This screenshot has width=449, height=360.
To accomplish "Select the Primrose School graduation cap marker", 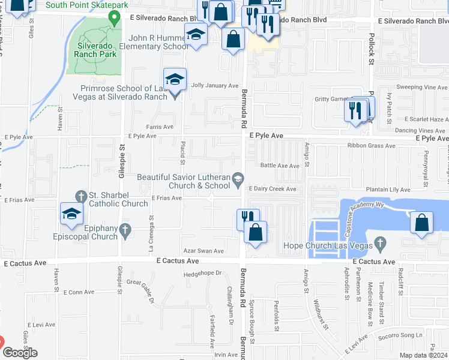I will click(x=175, y=79).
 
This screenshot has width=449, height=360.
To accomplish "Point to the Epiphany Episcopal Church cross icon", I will click(x=125, y=229).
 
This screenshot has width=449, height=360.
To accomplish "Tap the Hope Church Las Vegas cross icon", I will click(x=378, y=244).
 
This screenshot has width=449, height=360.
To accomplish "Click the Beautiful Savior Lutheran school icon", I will click(x=238, y=178).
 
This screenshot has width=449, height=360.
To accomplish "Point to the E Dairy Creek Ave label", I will click(x=273, y=189).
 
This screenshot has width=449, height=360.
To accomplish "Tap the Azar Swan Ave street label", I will click(x=203, y=251).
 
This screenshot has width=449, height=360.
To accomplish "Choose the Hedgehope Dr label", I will click(x=202, y=273).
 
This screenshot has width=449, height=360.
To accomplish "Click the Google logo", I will click(x=19, y=353).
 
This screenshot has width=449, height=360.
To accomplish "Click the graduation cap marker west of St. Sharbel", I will click(x=71, y=214).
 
